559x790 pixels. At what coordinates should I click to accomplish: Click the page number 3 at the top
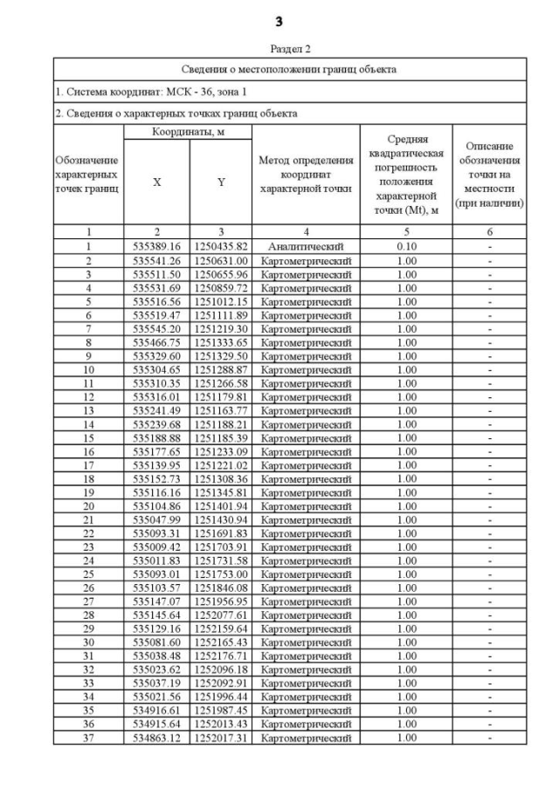(x=279, y=21)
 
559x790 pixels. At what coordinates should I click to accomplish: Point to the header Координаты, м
(x=188, y=132)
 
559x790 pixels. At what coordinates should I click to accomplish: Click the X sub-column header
(x=157, y=182)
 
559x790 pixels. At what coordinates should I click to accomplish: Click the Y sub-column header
(x=221, y=182)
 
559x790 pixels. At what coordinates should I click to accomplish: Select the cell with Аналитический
(x=306, y=246)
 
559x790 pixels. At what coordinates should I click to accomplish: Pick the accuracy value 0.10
(x=406, y=246)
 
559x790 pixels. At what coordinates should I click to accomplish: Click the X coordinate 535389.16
(x=157, y=246)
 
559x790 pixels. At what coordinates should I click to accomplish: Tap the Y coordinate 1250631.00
(x=222, y=260)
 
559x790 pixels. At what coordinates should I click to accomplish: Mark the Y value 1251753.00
(x=222, y=585)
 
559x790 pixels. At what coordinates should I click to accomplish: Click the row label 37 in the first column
(x=88, y=738)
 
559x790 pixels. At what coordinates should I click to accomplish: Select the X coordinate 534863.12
(x=157, y=738)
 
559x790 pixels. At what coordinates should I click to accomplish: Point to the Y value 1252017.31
(x=222, y=738)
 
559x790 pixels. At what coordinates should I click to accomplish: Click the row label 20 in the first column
(x=88, y=506)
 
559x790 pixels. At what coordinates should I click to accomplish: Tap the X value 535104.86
(x=157, y=506)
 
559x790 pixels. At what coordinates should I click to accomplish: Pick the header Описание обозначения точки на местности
(x=489, y=174)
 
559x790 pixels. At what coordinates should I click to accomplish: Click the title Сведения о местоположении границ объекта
(x=289, y=69)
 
